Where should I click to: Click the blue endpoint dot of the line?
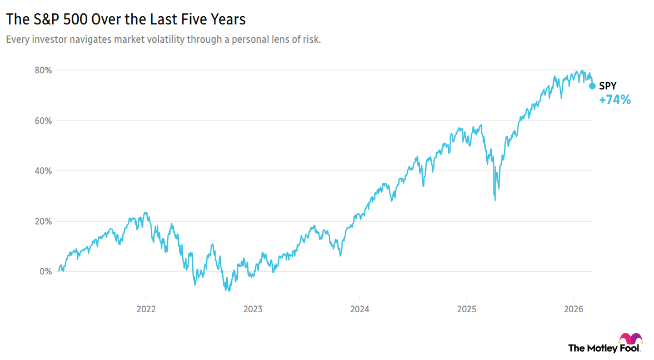click(x=592, y=86)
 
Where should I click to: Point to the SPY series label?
click(x=607, y=86)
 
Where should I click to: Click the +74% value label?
click(x=615, y=101)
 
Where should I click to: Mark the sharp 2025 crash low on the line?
click(x=495, y=199)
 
